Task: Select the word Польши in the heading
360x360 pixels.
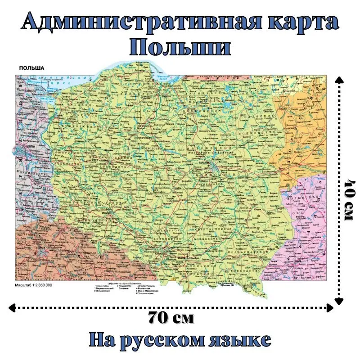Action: point(180,47)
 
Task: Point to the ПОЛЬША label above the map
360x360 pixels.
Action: point(31,68)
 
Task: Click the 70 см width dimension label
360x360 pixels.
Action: point(171,318)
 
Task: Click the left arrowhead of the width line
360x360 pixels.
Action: point(12,308)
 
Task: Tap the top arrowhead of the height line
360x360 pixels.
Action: point(339,79)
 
